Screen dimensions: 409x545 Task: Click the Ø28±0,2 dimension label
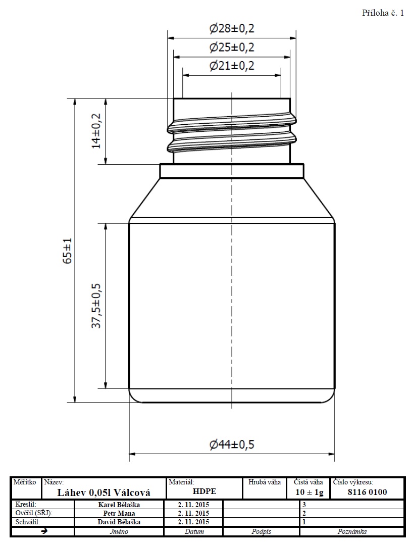point(232,28)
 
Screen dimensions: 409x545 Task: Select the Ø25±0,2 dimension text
point(232,47)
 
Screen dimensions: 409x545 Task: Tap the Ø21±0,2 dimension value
point(232,65)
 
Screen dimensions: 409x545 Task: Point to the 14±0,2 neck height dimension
point(96,131)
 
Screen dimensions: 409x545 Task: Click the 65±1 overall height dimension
point(67,251)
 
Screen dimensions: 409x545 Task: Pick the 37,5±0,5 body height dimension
point(96,306)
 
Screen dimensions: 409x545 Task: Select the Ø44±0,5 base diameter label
point(232,444)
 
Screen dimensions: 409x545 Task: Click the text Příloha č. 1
point(383,13)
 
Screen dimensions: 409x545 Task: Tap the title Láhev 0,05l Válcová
point(104,492)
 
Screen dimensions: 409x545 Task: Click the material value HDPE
point(205,491)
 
